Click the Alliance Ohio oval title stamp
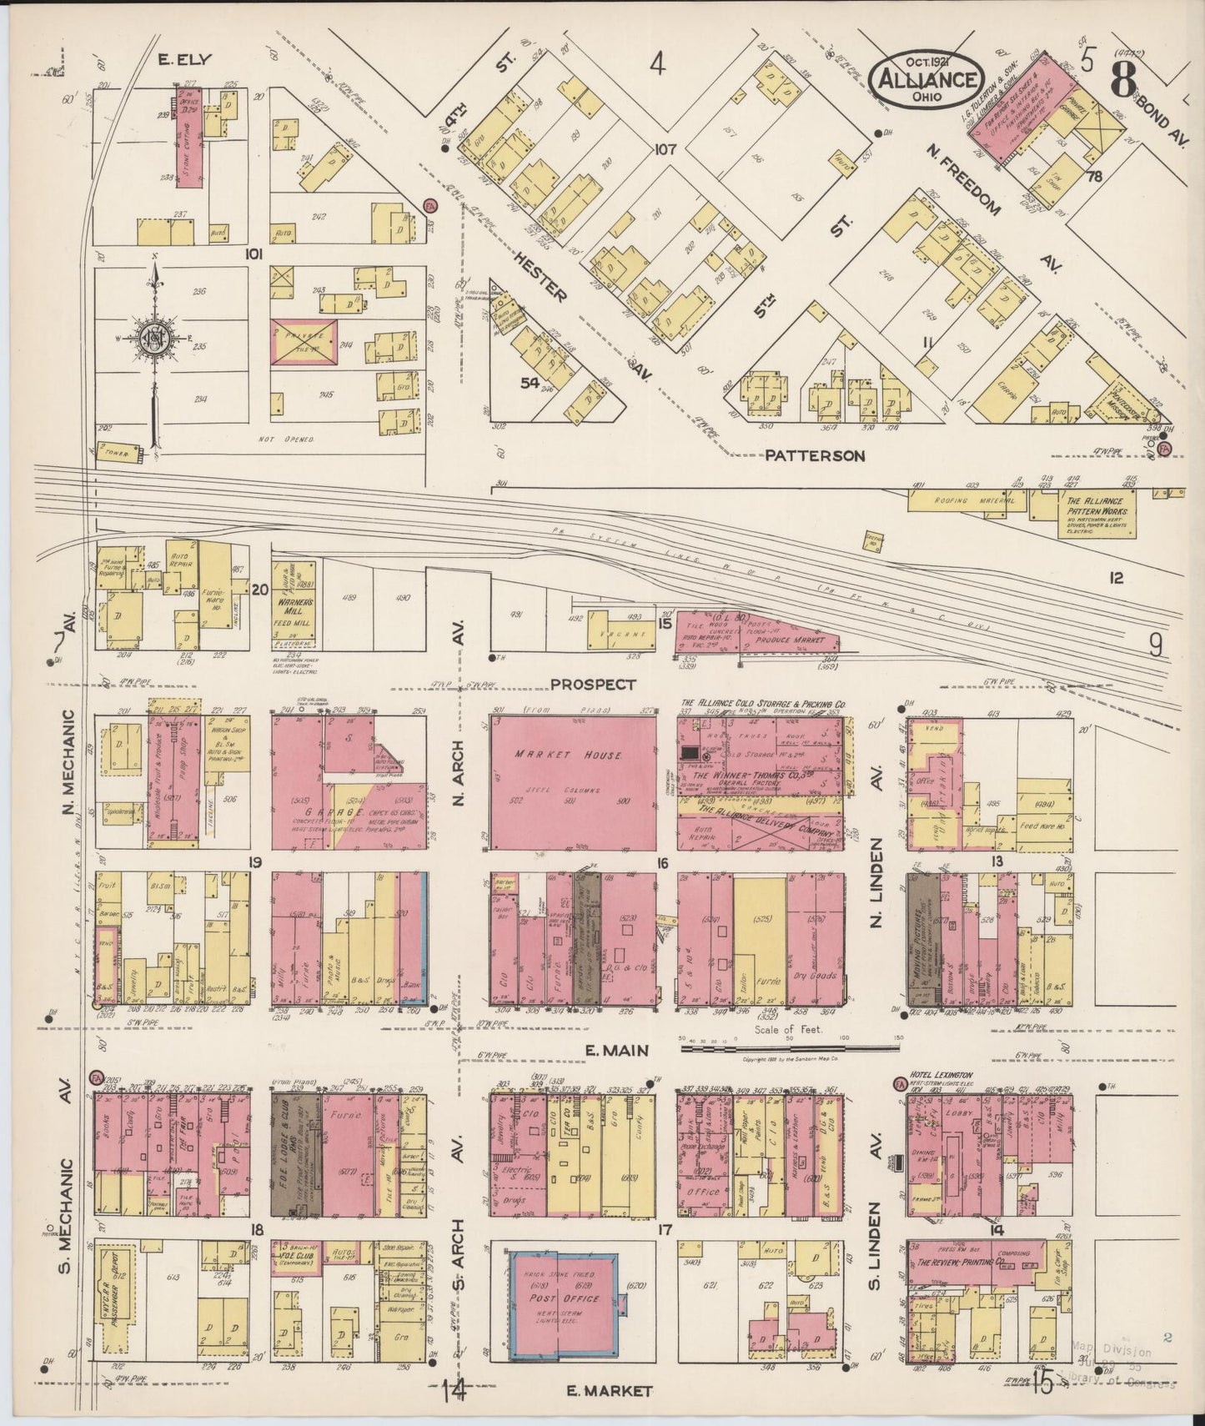tap(925, 76)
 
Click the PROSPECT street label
tap(593, 685)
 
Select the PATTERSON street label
tap(815, 456)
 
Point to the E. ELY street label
tap(185, 59)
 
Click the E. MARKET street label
tap(608, 1390)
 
